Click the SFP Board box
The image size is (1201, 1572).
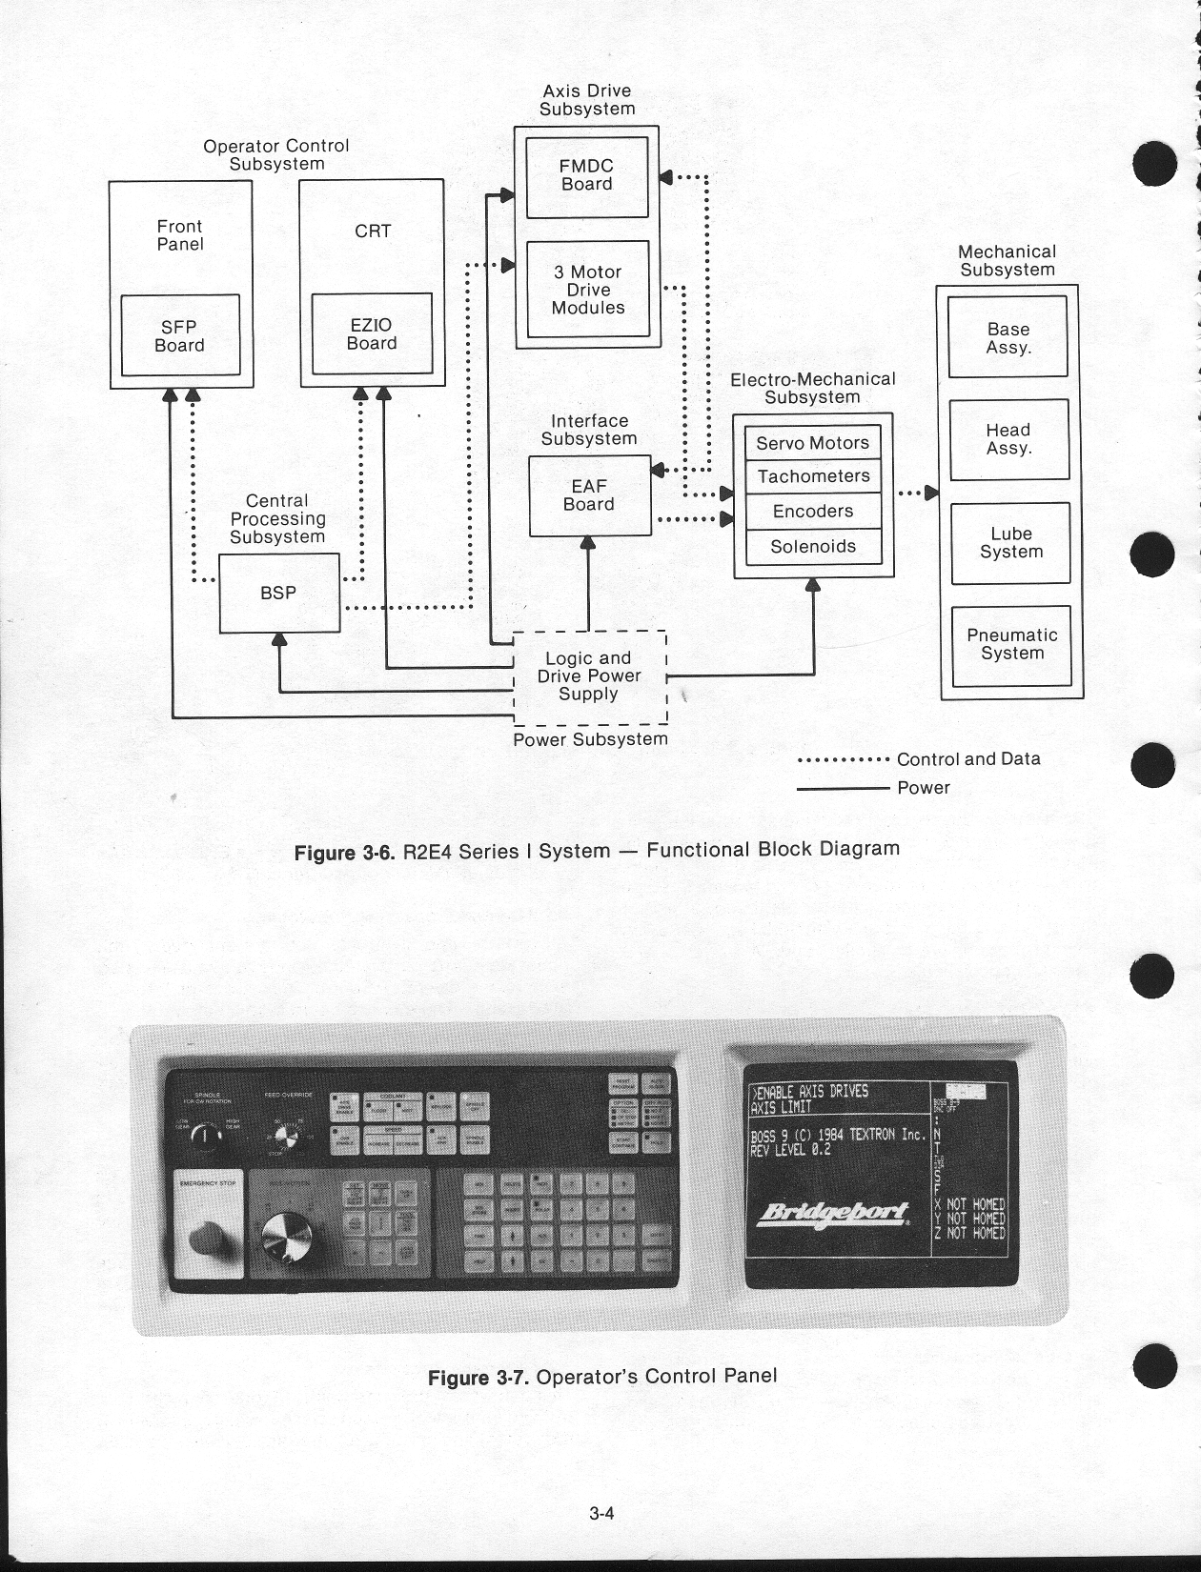pos(179,335)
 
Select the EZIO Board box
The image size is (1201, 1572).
pos(372,333)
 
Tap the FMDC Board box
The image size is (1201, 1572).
pos(586,176)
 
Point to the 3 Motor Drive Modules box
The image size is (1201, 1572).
pos(587,290)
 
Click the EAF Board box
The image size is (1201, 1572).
pos(589,495)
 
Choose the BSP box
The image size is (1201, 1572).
pos(278,593)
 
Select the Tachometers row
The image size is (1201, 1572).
pos(813,476)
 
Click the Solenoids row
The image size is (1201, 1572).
pos(813,547)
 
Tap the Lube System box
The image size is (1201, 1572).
pos(1010,543)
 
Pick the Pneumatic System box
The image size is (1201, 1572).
pos(1011,645)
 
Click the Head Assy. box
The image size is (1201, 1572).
pos(1008,439)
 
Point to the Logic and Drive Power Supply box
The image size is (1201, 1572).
pos(589,676)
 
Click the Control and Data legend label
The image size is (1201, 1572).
pos(968,759)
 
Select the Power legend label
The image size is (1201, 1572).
pos(924,788)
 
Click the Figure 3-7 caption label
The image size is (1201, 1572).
pos(602,1377)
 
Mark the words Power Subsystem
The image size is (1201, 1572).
pos(590,739)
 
